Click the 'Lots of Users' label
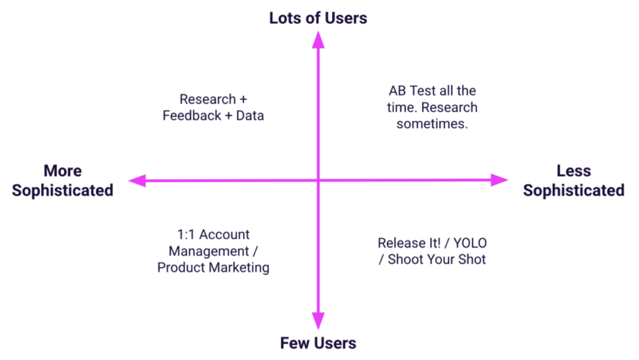point(318,18)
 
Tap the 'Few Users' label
point(318,343)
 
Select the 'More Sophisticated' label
point(62,180)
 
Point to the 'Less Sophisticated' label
point(574,180)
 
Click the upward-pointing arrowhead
point(318,40)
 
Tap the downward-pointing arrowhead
point(318,321)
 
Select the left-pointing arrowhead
point(137,180)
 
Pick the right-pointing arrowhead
point(499,180)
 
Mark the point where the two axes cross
point(318,180)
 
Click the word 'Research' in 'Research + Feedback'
point(208,99)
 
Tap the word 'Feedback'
point(192,115)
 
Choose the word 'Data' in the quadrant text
point(250,115)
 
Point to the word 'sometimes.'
point(432,124)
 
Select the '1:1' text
point(186,235)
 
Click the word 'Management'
point(209,251)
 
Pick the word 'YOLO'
point(470,243)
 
